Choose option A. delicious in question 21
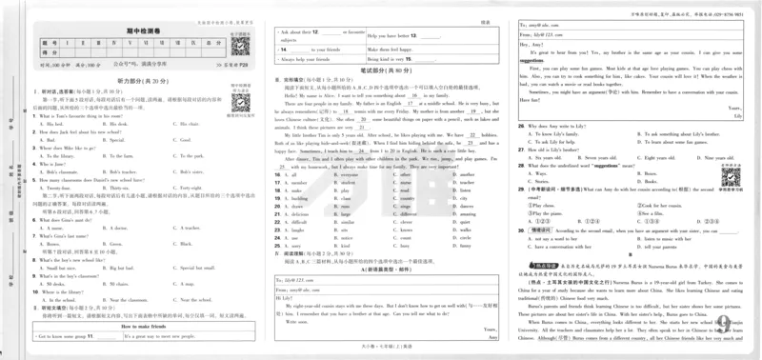(300, 216)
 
